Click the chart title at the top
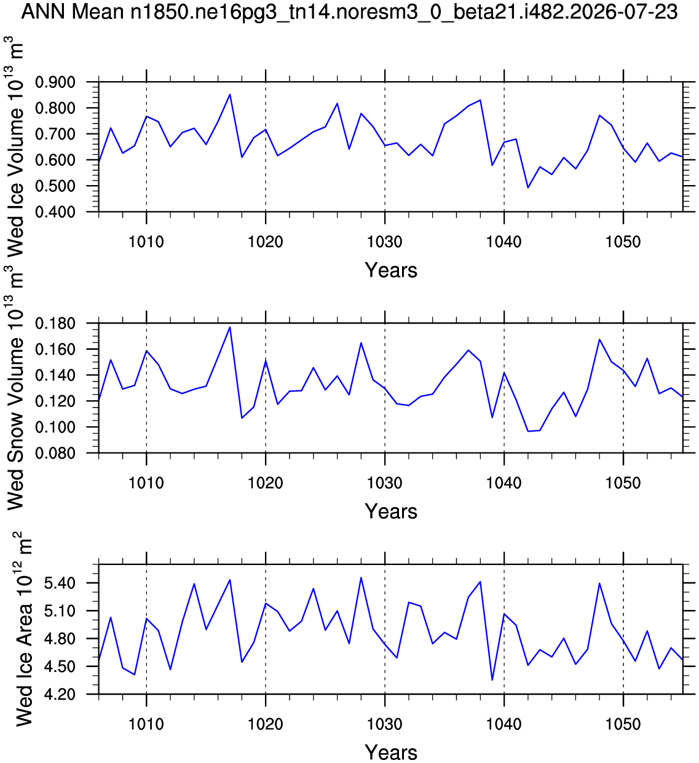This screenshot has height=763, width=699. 349,12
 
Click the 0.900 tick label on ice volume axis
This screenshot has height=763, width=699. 55,82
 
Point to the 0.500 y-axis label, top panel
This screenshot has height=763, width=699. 55,186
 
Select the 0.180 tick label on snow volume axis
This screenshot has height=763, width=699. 55,323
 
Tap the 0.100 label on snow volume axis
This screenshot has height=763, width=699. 55,427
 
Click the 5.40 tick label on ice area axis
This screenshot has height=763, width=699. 60,583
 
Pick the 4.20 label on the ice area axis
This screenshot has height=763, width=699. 60,695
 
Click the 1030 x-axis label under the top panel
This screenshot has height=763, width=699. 385,242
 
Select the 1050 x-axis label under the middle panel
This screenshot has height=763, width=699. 623,483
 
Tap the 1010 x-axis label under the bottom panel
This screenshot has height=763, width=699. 146,724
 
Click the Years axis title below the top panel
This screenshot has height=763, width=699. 391,271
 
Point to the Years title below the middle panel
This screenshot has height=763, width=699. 391,512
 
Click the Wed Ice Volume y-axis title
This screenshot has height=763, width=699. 15,147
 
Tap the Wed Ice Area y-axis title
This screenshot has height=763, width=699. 23,630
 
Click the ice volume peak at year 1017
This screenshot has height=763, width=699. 230,94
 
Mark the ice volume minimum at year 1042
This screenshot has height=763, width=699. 527,188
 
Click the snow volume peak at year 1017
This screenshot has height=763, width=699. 230,327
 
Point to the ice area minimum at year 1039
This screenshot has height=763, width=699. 492,680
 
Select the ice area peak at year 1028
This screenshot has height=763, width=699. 361,578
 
